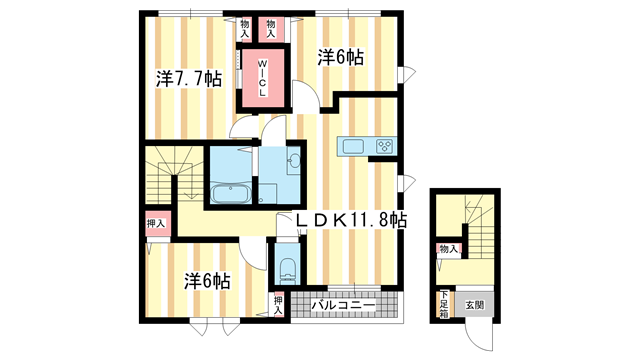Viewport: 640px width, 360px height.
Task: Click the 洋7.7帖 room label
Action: point(189,79)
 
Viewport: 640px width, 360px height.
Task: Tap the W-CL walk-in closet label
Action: point(263,76)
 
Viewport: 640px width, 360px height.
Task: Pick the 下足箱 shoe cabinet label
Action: point(443,301)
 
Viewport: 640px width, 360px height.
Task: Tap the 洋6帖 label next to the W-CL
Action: point(341,58)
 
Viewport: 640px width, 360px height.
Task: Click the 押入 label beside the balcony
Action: point(279,304)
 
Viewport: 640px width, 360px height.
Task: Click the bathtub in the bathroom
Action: point(231,192)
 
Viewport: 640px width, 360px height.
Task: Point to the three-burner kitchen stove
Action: point(384,147)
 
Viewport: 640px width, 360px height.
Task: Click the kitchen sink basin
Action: point(352,147)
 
